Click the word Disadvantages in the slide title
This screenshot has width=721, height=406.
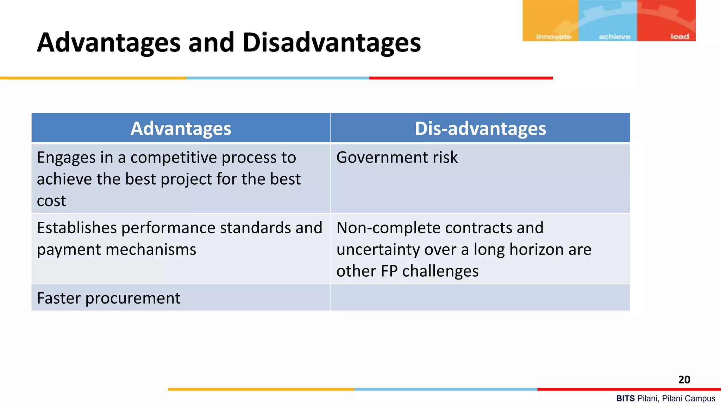tap(331, 43)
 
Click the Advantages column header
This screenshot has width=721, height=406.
tap(181, 128)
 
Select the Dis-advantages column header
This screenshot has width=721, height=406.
tap(480, 128)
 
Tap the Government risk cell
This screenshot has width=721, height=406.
tap(397, 157)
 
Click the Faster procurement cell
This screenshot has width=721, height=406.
tap(108, 298)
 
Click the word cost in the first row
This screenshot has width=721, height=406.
tap(51, 201)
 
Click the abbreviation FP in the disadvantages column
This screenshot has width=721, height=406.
tap(389, 271)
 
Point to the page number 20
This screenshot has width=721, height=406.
tap(684, 380)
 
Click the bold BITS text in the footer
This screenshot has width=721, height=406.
tap(625, 399)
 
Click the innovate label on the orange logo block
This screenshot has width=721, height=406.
tap(553, 37)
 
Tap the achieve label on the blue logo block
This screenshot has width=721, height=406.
tap(614, 37)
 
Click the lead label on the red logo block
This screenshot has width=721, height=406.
tap(679, 37)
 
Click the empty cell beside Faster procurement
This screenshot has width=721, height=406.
tap(480, 298)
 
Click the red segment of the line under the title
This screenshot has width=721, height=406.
tap(460, 78)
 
